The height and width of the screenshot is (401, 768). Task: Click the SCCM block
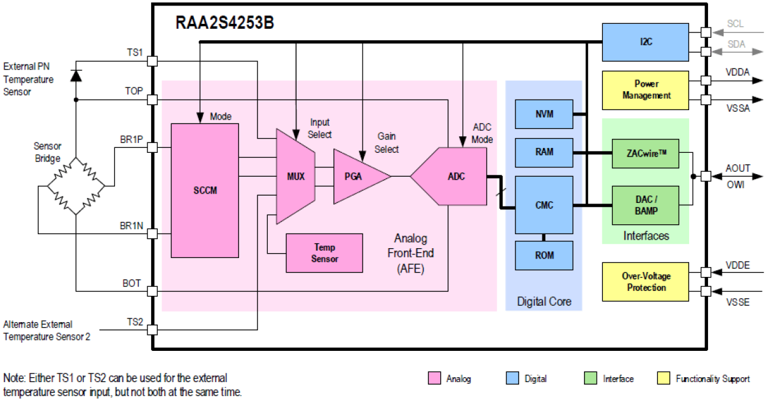(x=205, y=190)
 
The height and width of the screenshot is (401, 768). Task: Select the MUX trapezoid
(x=295, y=176)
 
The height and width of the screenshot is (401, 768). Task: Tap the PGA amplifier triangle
(x=358, y=176)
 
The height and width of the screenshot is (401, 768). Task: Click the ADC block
(x=452, y=176)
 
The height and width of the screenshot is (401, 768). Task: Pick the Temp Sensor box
(x=324, y=253)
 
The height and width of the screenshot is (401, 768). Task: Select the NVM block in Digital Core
(x=544, y=114)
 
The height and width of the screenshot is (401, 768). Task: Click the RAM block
(x=544, y=152)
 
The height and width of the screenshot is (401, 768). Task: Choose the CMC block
(x=544, y=205)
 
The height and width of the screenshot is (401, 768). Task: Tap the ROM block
(x=544, y=256)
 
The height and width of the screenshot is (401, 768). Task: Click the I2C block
(x=645, y=42)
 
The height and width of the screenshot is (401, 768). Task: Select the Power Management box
(x=645, y=90)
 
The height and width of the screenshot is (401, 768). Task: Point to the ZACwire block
(x=645, y=153)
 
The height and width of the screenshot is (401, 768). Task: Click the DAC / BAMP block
(x=645, y=205)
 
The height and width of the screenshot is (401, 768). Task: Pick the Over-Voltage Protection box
(x=645, y=282)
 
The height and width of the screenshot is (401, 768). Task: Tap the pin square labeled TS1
(x=152, y=61)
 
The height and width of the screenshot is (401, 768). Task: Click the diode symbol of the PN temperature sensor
(x=75, y=75)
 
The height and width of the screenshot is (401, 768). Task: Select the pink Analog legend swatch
(x=434, y=378)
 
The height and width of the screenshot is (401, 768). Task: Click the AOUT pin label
(x=737, y=168)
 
